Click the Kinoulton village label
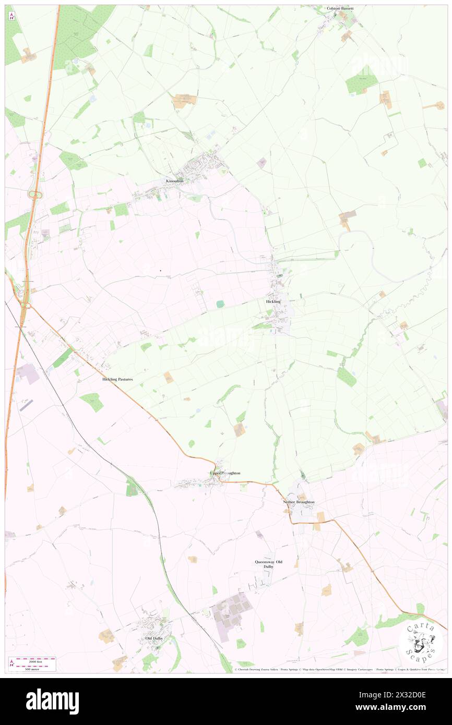175,180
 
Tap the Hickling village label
273,301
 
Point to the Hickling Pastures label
117,379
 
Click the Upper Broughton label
225,473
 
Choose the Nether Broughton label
299,502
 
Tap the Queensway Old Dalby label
268,564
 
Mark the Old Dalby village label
155,638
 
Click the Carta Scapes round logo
421,643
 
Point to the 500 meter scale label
33,668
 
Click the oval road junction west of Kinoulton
35,195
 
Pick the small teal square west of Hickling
220,304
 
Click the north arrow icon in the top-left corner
11,16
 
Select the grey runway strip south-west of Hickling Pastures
26,405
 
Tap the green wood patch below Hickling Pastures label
92,402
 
